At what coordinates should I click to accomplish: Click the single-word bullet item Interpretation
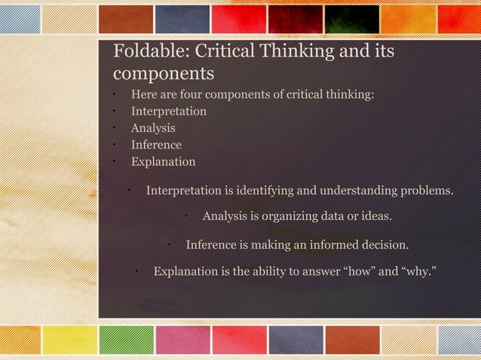tap(169, 111)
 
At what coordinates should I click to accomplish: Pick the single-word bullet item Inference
tap(156, 145)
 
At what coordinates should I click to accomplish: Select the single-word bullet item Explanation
tap(163, 161)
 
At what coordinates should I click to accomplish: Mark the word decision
tap(381, 245)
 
